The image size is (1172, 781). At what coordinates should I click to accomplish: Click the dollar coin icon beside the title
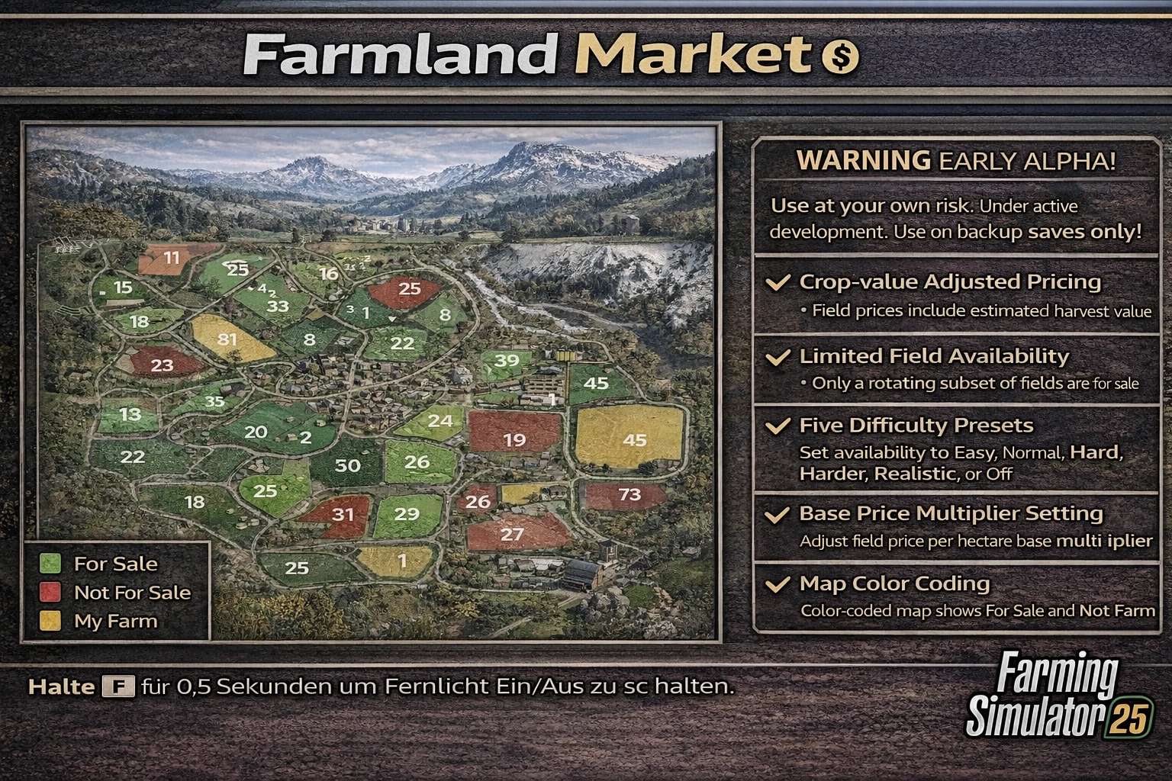click(839, 56)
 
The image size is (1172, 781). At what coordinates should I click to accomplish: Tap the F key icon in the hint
click(118, 687)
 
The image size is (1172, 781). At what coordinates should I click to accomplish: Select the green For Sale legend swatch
click(50, 564)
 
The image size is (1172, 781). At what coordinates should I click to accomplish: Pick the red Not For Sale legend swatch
click(50, 593)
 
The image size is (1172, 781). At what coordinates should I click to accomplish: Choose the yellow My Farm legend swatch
click(50, 621)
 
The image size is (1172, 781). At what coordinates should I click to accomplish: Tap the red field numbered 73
click(629, 494)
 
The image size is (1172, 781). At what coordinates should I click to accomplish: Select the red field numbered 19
click(514, 439)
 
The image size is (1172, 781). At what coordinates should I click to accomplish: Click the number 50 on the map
click(348, 465)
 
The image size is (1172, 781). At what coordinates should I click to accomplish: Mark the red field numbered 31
click(342, 514)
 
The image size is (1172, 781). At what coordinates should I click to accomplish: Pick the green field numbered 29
click(407, 514)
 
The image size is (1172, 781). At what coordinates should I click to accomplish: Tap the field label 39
click(507, 360)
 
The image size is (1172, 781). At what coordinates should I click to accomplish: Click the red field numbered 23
click(162, 365)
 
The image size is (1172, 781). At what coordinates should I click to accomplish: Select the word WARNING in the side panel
click(863, 160)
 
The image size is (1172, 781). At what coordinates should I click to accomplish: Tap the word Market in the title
click(693, 55)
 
